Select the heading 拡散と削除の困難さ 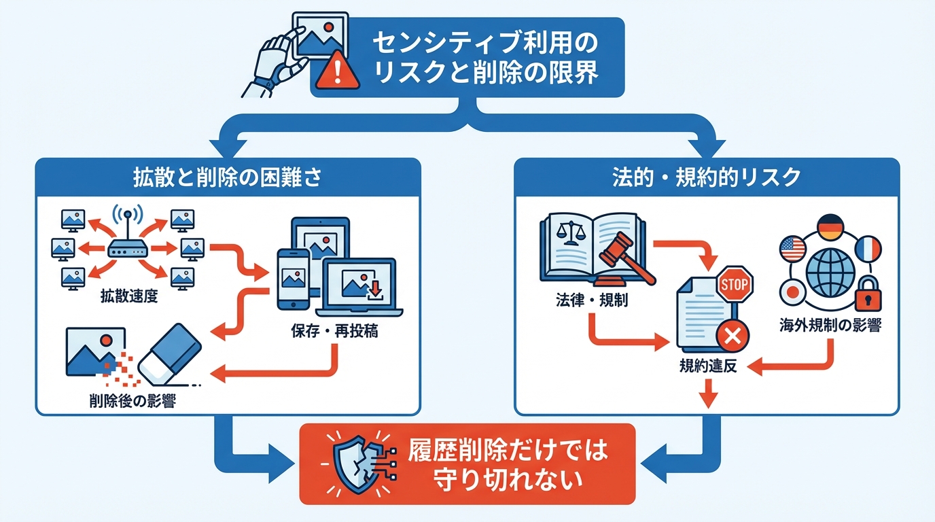click(x=227, y=178)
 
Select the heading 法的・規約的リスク click(x=707, y=178)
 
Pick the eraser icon click(x=169, y=353)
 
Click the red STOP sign click(x=734, y=283)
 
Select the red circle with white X click(x=732, y=334)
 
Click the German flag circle click(x=829, y=228)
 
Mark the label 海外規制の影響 click(x=830, y=326)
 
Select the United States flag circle click(x=792, y=249)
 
